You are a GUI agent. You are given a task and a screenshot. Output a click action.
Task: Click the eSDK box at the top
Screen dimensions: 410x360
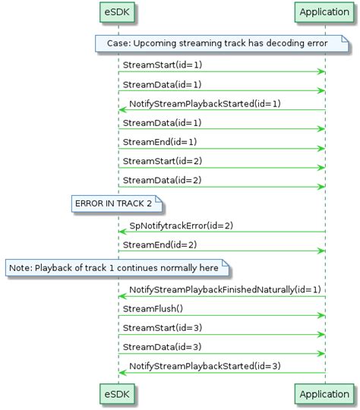[118, 12]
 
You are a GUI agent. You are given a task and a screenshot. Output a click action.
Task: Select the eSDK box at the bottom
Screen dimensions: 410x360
[118, 395]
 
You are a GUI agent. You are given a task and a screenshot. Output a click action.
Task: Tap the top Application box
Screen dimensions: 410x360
[324, 12]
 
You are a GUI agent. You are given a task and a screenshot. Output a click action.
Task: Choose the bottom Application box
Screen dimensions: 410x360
[324, 395]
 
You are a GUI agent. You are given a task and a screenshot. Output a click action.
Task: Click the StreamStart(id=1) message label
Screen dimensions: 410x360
[152, 65]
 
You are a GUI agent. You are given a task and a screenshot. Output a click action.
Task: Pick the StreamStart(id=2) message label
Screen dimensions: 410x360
[152, 161]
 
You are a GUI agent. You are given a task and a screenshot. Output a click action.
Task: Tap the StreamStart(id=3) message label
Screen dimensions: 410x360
[152, 328]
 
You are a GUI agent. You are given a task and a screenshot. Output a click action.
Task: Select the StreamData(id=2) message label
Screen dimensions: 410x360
[152, 180]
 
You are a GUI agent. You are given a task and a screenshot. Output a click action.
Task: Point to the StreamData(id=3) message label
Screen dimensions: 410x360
[152, 347]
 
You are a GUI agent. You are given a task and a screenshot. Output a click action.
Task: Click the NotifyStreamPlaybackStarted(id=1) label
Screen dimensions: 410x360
[205, 103]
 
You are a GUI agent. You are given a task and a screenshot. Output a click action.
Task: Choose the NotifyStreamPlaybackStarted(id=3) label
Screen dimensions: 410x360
[205, 366]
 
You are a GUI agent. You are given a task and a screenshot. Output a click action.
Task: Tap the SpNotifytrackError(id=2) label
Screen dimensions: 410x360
[182, 225]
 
